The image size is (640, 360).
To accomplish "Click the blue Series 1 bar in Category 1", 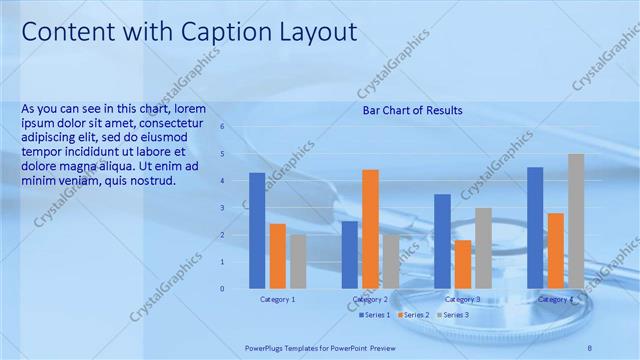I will [x=257, y=230].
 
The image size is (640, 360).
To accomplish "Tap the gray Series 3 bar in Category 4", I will [x=576, y=221].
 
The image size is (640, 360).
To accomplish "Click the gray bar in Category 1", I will [x=298, y=261].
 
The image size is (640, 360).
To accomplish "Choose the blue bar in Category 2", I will [x=350, y=255].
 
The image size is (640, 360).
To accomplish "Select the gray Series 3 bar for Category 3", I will [x=483, y=248].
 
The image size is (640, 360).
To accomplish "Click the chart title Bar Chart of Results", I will [x=412, y=110].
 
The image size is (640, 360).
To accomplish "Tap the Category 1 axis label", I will [x=277, y=299].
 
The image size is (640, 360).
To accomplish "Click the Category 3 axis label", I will [x=463, y=299].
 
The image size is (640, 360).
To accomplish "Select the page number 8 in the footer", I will [x=590, y=345].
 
